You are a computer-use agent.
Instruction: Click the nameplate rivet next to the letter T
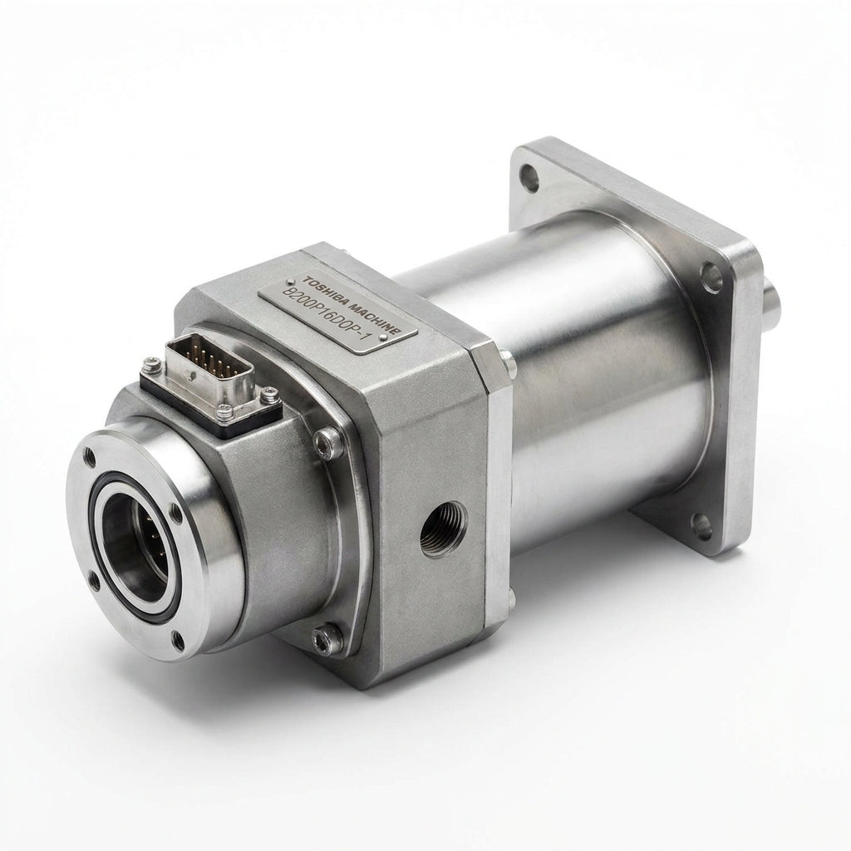290,282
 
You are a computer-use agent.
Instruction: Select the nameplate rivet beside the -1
384,337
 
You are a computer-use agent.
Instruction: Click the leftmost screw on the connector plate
151,365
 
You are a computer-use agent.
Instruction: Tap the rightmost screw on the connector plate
270,395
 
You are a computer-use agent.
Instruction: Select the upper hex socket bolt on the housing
329,442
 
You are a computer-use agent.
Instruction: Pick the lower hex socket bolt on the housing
327,640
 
